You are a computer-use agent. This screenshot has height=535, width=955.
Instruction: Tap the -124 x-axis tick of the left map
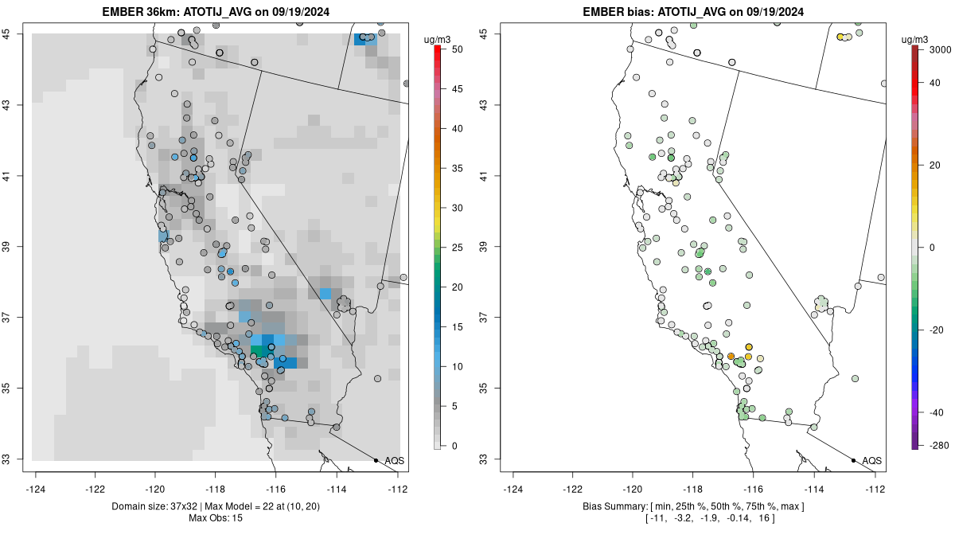[37, 490]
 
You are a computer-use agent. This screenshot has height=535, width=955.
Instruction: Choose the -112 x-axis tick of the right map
[875, 490]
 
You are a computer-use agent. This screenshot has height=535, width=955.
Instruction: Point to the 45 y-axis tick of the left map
[16, 33]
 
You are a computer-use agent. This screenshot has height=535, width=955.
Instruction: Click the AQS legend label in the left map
[394, 460]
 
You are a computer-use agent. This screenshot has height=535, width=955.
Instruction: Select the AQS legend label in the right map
[871, 460]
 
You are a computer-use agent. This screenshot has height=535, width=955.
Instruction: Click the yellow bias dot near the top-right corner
[840, 37]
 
